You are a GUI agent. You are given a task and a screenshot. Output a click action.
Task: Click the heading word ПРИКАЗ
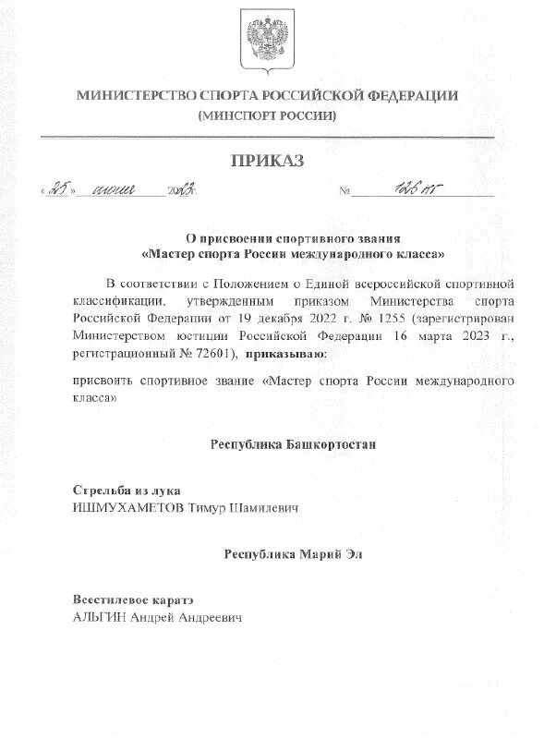point(267,162)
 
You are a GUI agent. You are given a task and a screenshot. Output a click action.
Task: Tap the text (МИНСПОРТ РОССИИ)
point(267,115)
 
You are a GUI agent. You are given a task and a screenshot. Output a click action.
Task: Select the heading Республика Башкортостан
point(294,444)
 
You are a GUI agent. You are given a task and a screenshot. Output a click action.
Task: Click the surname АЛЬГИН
point(98,617)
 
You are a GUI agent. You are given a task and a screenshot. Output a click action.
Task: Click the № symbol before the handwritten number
point(345,192)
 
